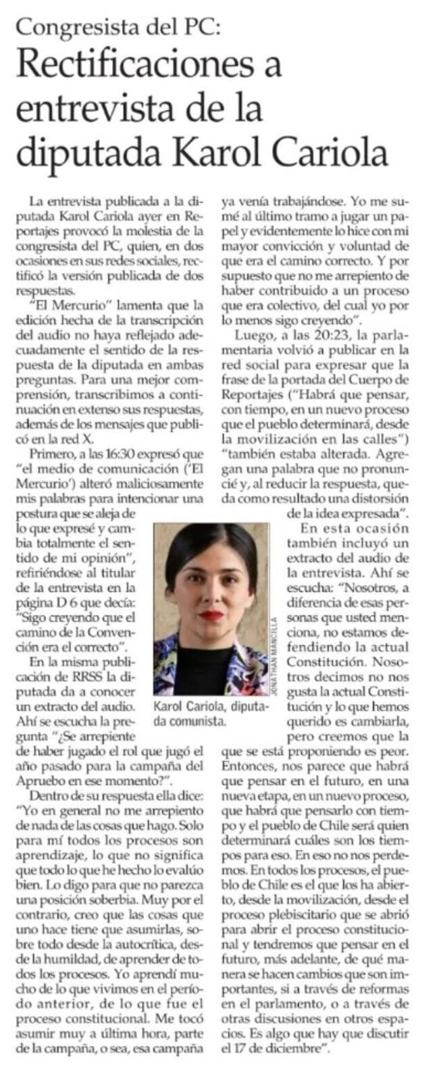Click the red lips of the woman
click(211, 615)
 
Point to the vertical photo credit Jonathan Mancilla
click(274, 652)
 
